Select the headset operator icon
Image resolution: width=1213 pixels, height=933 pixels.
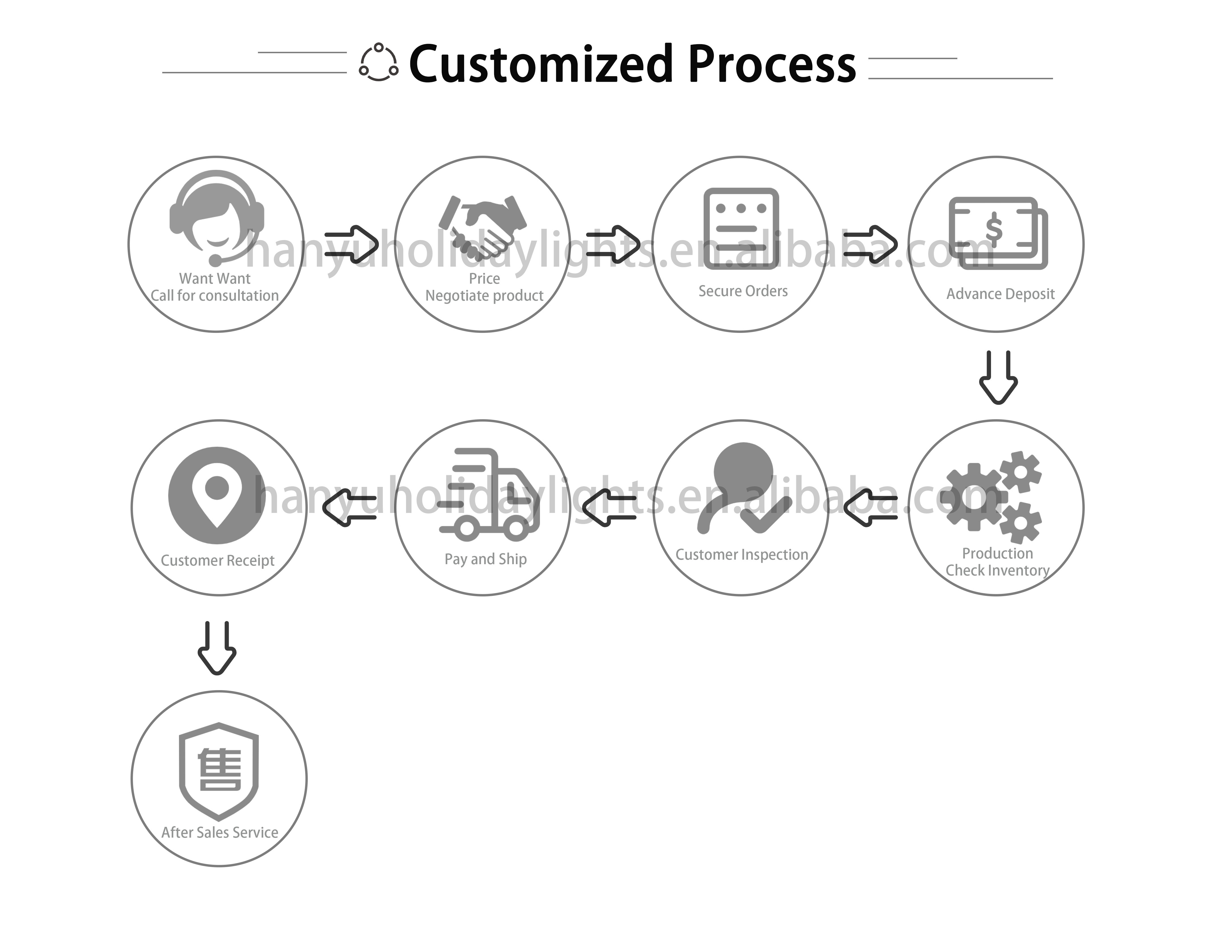pos(217,217)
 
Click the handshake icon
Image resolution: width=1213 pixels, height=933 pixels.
pos(482,228)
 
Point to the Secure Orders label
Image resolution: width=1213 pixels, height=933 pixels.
pos(743,291)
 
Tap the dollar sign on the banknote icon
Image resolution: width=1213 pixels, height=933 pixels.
pos(994,230)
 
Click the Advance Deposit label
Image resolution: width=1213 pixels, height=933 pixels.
pos(1000,294)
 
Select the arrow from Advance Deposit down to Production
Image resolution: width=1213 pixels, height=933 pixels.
pos(998,378)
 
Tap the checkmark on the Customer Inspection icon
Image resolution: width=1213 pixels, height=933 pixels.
pos(766,514)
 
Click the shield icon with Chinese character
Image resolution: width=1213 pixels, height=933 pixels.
pos(219,771)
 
